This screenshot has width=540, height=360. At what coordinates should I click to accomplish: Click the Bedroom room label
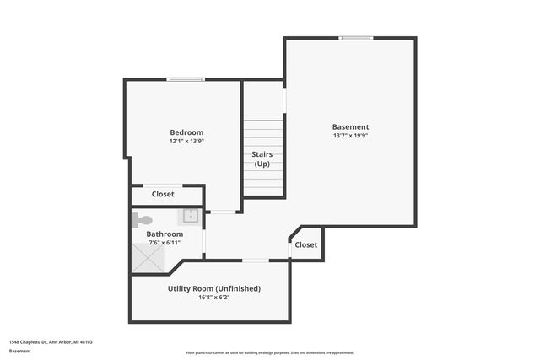pos(186,132)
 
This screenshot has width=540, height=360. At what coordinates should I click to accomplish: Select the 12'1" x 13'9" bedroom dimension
pos(186,142)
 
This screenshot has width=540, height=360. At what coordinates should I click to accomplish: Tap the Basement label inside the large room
pos(350,127)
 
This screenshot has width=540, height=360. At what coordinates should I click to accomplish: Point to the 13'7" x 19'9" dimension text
pos(350,136)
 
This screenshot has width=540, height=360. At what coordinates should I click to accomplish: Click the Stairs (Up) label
pos(262,159)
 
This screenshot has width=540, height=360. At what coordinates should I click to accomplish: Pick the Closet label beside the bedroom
pos(163,194)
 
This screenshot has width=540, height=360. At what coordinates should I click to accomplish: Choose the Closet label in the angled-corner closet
pos(306,244)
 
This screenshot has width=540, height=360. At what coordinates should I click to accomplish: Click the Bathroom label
pos(165,234)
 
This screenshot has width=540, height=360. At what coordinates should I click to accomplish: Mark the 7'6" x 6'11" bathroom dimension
pos(165,243)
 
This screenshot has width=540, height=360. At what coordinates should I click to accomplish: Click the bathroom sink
pos(191,216)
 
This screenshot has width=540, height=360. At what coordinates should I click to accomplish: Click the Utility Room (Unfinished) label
pos(214,288)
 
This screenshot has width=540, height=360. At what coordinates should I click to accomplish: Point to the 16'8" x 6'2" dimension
pos(214,297)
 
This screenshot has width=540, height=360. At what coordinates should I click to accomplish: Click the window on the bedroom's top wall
pos(186,80)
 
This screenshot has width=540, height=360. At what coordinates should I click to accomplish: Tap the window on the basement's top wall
pos(356,37)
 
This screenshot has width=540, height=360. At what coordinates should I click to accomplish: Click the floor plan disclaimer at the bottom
pos(270,352)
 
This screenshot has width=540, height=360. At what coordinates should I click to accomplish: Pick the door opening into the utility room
pos(256,261)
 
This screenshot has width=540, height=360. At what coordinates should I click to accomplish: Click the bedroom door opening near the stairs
pos(223,212)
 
